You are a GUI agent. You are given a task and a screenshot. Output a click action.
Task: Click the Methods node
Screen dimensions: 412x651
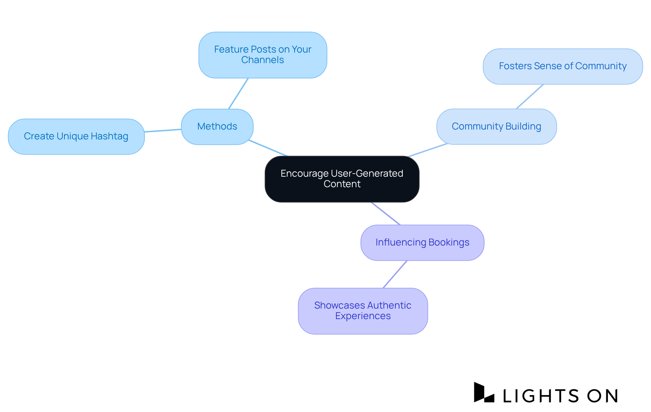pos(217,126)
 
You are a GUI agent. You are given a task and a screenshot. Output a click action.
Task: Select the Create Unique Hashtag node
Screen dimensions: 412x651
pos(76,136)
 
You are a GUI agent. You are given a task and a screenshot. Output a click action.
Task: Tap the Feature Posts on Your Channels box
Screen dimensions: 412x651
pos(262,55)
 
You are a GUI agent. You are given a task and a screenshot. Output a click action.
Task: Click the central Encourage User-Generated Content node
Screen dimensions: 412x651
pos(342,179)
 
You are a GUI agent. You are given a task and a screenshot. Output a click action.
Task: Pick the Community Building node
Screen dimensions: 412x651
pos(496,126)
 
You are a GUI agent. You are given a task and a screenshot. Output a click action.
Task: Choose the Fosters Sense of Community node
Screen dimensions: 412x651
pos(563,66)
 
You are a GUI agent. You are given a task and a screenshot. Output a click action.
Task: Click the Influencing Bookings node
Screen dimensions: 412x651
pos(422,242)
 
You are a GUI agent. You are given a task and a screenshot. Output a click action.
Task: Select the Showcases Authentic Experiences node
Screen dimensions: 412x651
pos(362,311)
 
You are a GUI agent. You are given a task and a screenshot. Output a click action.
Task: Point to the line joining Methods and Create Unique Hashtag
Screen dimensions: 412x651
pos(163,131)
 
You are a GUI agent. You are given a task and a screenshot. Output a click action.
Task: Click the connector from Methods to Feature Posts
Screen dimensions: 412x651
pos(238,94)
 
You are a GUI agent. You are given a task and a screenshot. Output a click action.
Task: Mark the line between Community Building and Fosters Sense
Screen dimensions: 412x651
pos(530,97)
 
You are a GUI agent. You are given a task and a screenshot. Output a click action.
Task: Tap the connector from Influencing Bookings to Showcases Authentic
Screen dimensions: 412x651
pos(395,274)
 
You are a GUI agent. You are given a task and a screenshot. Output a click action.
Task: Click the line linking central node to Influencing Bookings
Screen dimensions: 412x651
pos(386,214)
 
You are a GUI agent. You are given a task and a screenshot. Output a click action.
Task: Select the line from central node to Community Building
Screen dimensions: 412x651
pos(428,150)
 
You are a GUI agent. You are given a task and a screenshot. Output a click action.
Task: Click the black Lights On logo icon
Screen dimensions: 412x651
pos(484,393)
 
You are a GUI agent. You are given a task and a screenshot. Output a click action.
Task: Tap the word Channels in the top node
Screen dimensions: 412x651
pos(262,60)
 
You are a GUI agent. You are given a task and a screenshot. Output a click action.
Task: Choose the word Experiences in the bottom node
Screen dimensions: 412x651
pos(363,316)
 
